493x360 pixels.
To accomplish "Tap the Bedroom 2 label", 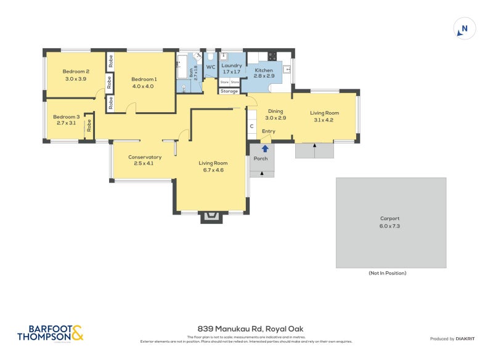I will click(76, 71).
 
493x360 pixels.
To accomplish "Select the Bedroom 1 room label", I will click(144, 79).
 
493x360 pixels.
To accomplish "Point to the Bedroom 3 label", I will click(66, 117).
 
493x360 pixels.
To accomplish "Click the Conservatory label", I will click(145, 157).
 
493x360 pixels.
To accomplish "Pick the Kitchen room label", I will click(264, 70).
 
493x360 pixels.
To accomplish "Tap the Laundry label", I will click(232, 65).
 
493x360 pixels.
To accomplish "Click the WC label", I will click(210, 67).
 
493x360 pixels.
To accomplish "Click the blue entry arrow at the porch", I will click(265, 148).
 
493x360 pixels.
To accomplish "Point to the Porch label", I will click(261, 158).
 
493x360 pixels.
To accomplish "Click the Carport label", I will click(390, 219).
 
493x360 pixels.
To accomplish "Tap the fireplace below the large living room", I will click(211, 216).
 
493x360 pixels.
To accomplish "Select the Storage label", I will click(229, 91).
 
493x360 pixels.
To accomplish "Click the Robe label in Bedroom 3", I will click(89, 125).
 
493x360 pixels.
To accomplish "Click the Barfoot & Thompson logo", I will click(49, 333).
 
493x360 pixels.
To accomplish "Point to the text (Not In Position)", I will click(387, 273).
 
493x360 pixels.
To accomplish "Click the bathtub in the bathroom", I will click(182, 67).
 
